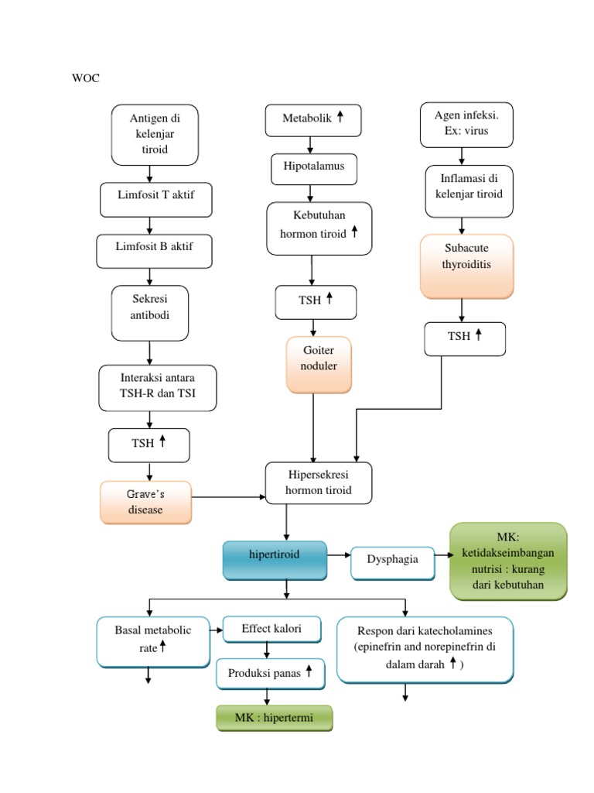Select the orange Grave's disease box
tap(145, 503)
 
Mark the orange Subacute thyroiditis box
tap(466, 266)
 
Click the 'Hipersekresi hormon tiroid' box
tap(318, 482)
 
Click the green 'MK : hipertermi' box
tap(273, 718)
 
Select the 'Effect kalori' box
tap(271, 629)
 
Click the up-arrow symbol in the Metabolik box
tap(340, 118)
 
